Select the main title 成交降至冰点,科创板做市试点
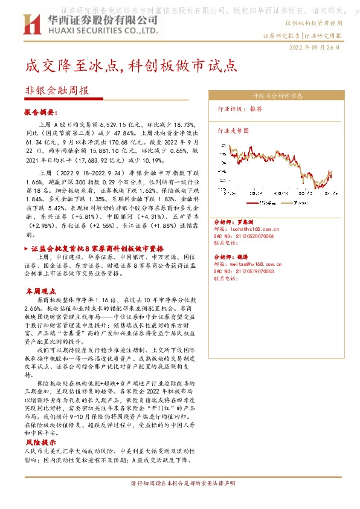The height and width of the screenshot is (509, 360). (129, 66)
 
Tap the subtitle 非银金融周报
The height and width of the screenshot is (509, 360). (56, 91)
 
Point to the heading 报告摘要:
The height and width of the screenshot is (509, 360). (40, 112)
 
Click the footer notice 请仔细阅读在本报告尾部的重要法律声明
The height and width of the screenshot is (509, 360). (180, 484)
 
